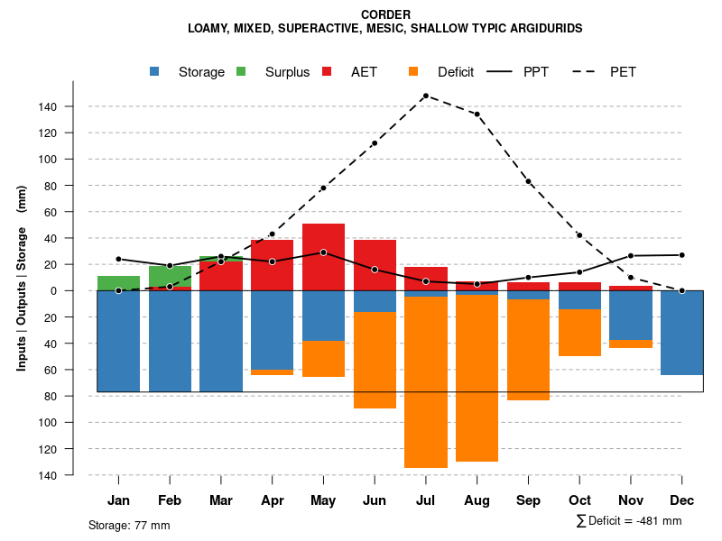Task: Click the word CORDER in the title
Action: tap(385, 14)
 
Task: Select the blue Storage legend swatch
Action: tap(155, 71)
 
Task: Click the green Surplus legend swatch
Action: tap(241, 71)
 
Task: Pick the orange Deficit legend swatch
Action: tap(413, 71)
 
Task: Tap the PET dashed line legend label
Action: tap(623, 72)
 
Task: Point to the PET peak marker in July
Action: tap(425, 96)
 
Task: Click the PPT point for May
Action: tap(323, 252)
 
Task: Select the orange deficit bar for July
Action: tap(426, 382)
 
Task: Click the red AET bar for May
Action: tap(323, 257)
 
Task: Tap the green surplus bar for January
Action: tap(118, 283)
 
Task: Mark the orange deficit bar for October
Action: tap(579, 333)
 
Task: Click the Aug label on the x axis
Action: tap(477, 500)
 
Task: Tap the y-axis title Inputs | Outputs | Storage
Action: tap(22, 278)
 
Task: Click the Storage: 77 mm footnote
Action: tap(129, 525)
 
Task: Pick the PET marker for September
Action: tap(528, 182)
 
